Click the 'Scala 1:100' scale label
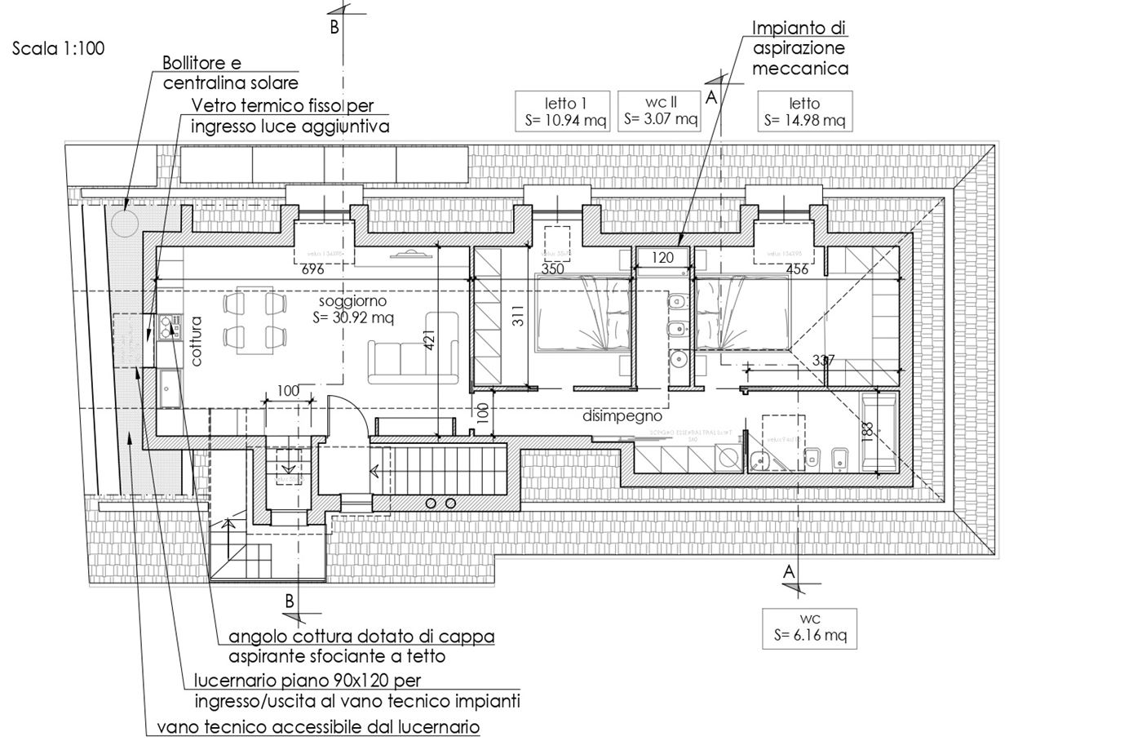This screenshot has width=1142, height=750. pyautogui.click(x=59, y=49)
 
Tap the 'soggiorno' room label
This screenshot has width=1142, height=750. pyautogui.click(x=353, y=300)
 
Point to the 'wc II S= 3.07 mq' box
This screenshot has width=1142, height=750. pyautogui.click(x=661, y=110)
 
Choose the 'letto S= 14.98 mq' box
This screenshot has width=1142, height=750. pyautogui.click(x=804, y=112)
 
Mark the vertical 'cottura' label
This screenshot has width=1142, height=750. pyautogui.click(x=197, y=341)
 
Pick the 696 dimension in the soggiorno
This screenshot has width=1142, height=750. pyautogui.click(x=313, y=268)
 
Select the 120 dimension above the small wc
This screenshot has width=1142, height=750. pyautogui.click(x=662, y=258)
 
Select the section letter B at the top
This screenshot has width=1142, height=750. pyautogui.click(x=334, y=28)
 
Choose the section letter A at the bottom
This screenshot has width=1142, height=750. pyautogui.click(x=788, y=572)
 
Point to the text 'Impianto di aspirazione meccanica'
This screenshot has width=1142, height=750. pyautogui.click(x=799, y=49)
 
